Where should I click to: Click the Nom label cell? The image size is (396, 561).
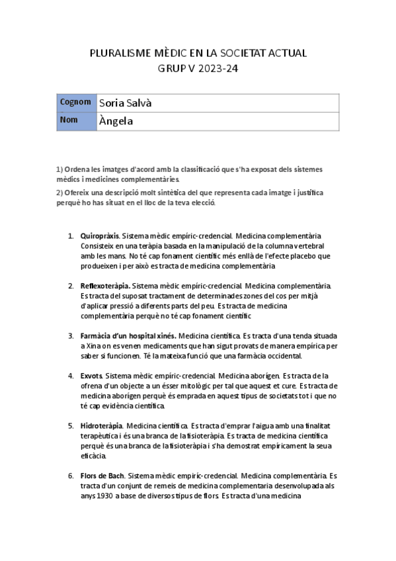[69, 120]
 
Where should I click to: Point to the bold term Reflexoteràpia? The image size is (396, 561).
[104, 286]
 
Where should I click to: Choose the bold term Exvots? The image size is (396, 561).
[91, 376]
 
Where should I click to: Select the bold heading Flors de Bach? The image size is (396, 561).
[102, 476]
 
